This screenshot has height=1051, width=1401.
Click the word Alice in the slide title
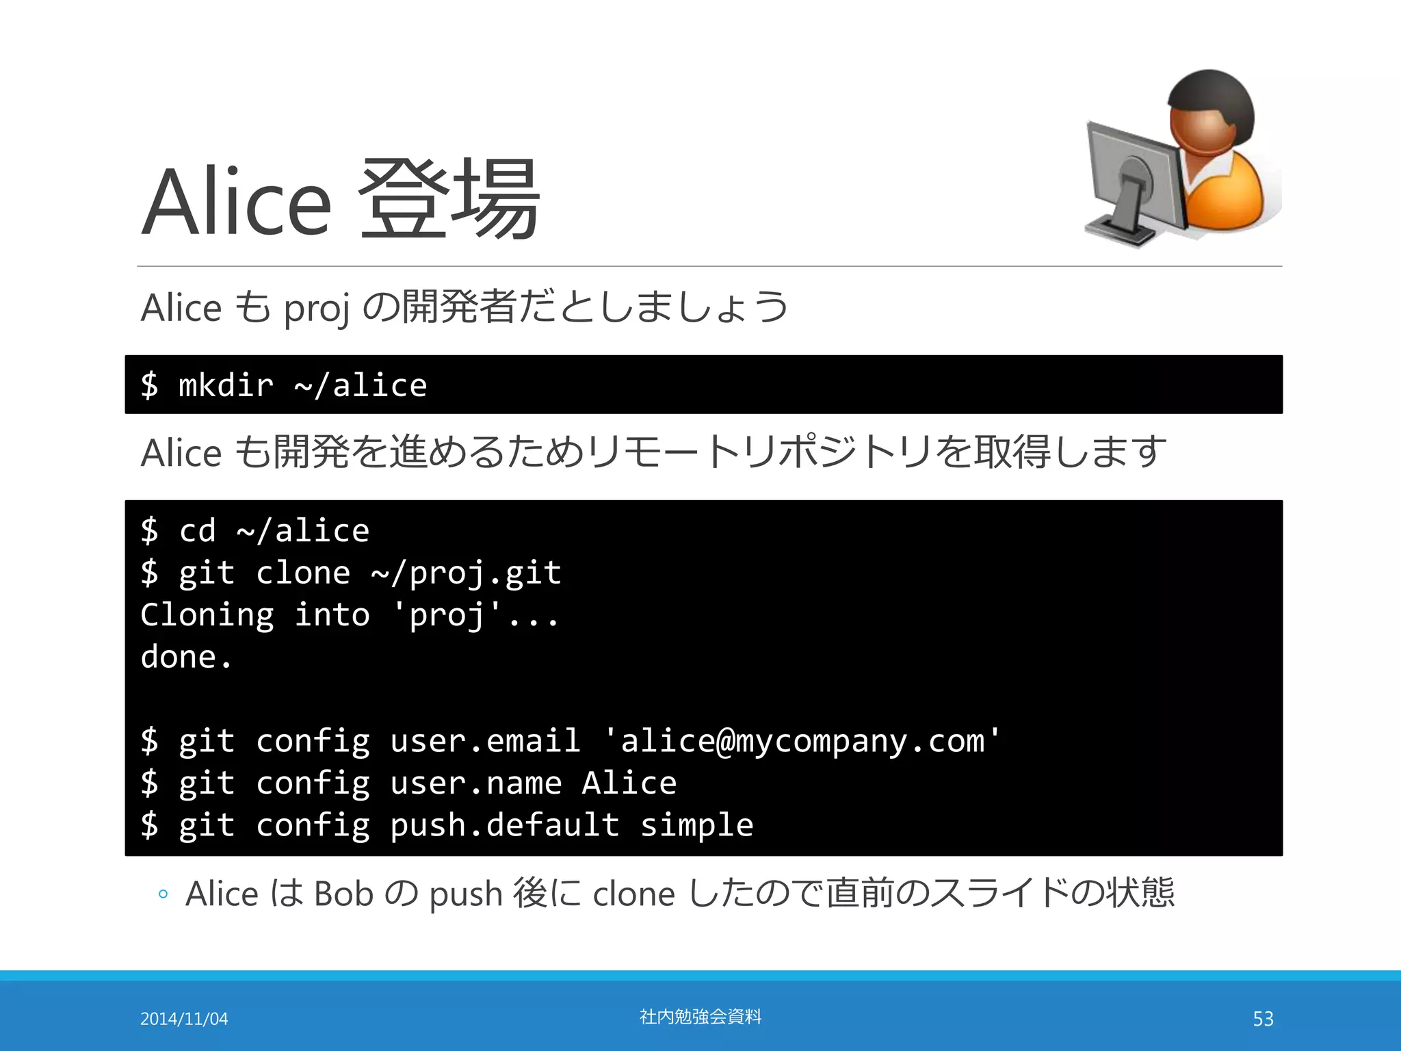[x=236, y=202]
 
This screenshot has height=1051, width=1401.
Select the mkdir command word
[x=225, y=385]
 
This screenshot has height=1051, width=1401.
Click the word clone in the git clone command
[x=302, y=573]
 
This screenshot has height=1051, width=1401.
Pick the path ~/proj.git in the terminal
[x=466, y=573]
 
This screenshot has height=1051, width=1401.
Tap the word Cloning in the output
[x=207, y=614]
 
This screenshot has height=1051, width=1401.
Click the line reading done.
[x=186, y=657]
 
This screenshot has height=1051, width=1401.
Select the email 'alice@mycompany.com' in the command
[x=802, y=741]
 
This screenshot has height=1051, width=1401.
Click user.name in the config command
[x=475, y=783]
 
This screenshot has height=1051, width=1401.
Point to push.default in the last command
[x=504, y=825]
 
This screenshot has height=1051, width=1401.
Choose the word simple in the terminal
[x=696, y=825]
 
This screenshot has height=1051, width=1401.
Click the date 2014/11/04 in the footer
[x=184, y=1019]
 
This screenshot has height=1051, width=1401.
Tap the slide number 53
[x=1263, y=1019]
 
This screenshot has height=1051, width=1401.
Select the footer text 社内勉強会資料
[x=700, y=1017]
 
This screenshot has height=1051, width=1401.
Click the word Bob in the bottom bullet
[x=343, y=894]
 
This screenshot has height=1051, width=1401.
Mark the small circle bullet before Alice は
[x=163, y=894]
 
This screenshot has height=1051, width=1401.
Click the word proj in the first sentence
[x=316, y=308]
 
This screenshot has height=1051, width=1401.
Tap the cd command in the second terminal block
[x=197, y=531]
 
